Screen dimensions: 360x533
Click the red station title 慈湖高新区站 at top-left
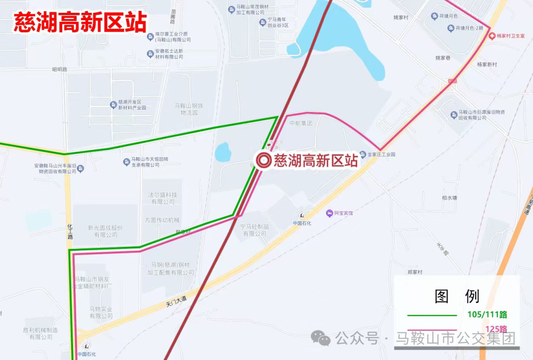tap(80, 22)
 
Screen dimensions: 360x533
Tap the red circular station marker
tap(263, 160)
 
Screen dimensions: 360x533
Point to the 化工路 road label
tap(70, 231)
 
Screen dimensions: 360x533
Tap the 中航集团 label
tap(301, 123)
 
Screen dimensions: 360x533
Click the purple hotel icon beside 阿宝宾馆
tap(329, 213)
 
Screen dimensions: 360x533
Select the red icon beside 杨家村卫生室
tap(492, 36)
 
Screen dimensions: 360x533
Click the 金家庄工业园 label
tap(381, 155)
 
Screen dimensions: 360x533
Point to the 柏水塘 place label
tap(450, 198)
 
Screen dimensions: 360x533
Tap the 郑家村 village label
tap(415, 272)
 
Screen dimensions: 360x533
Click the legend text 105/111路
tap(487, 315)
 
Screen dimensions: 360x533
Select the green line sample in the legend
tap(432, 315)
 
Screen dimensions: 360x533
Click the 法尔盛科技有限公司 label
tap(162, 198)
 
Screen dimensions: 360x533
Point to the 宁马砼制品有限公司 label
tap(254, 230)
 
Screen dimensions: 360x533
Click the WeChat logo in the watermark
tap(321, 338)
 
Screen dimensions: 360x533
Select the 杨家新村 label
tap(487, 65)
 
